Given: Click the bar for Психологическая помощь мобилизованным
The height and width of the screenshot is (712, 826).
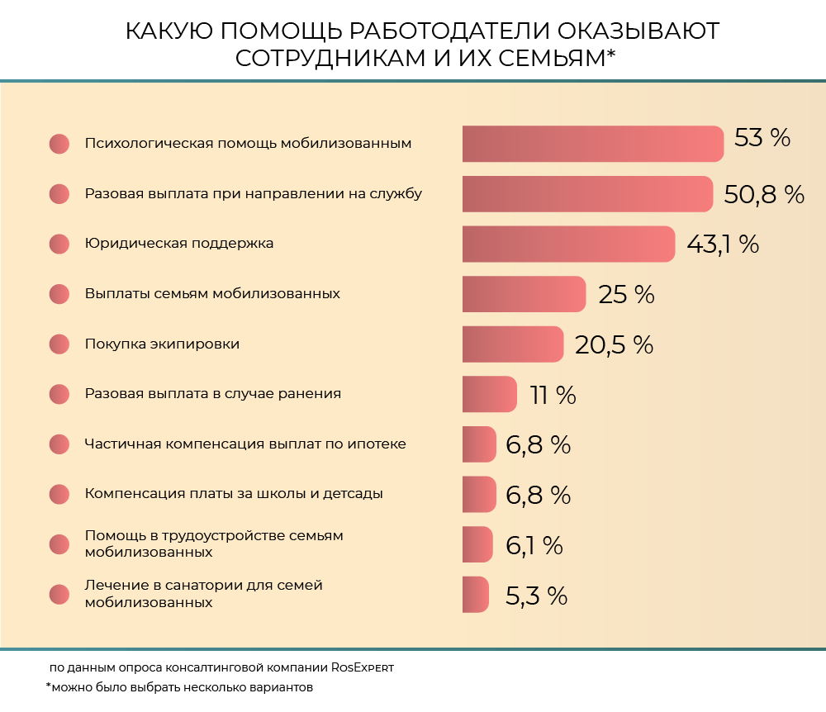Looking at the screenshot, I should click(x=592, y=144).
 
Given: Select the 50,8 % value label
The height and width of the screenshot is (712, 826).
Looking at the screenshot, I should click(x=764, y=194).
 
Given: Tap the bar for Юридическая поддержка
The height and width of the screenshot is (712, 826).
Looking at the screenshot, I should click(x=568, y=244).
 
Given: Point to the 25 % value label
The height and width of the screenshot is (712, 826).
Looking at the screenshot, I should click(x=626, y=295).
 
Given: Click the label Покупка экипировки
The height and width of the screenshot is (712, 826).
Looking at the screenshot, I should click(x=162, y=344).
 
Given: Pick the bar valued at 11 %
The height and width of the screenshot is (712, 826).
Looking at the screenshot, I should click(x=489, y=394).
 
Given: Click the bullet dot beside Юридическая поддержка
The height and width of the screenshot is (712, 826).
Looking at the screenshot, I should click(x=59, y=244).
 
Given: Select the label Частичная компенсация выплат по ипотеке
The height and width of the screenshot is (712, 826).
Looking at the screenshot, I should click(x=245, y=444).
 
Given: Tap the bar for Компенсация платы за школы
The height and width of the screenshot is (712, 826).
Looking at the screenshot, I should click(x=479, y=495).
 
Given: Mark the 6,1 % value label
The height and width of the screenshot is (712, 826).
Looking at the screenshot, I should click(x=534, y=545).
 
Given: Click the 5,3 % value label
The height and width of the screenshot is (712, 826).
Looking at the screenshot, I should click(x=536, y=596).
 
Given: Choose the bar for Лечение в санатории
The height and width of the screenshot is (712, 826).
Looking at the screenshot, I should click(x=475, y=595).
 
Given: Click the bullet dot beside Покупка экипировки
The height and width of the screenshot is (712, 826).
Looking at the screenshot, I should click(x=59, y=344).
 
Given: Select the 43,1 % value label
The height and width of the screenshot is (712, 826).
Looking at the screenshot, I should click(x=722, y=244).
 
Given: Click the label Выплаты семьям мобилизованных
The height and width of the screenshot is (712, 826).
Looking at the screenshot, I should click(x=212, y=294).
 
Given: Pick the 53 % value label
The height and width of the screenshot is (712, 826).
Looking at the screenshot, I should click(x=762, y=138).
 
